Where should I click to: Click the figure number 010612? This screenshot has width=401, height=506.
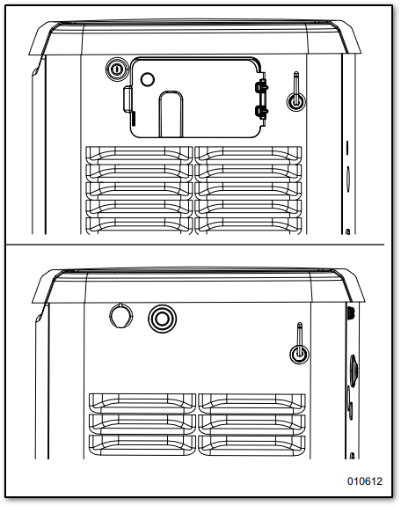click(365, 481)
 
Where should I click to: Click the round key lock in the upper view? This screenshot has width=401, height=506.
click(117, 69)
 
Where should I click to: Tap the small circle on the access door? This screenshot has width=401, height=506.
click(148, 79)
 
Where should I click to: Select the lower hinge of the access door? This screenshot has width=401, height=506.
click(262, 112)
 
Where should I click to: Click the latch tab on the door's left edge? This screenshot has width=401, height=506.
click(128, 99)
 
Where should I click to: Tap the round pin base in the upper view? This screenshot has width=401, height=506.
click(295, 101)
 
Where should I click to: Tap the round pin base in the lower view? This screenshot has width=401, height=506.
click(299, 353)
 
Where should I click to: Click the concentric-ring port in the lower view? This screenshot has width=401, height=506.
click(163, 319)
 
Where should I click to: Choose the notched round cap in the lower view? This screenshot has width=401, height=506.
click(121, 315)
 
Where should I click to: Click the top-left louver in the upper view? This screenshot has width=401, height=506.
click(139, 155)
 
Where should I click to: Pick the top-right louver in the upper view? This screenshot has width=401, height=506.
click(248, 155)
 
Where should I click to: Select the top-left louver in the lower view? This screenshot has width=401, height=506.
click(142, 402)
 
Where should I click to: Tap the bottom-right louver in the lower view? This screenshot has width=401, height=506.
click(252, 445)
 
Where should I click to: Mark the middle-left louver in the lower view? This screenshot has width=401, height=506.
click(142, 423)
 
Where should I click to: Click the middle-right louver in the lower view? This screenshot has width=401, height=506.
click(252, 423)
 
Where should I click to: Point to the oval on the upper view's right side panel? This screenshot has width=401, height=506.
click(348, 179)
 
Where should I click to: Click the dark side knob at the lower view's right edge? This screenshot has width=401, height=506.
click(354, 370)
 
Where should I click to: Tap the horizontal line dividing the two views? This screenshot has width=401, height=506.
click(195, 245)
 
